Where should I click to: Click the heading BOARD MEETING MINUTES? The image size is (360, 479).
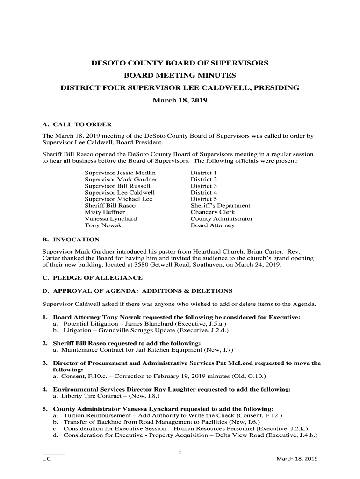coord(180,75)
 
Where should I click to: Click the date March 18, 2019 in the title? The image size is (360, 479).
coord(180,101)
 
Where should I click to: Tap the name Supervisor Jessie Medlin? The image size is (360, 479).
coord(120,173)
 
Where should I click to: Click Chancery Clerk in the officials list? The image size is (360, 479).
coord(212,212)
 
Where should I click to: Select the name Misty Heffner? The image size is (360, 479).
coord(104,212)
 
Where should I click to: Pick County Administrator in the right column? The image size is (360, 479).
coord(221,219)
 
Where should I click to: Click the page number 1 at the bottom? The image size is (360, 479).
coord(180,452)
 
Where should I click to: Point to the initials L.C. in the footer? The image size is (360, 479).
coord(47,459)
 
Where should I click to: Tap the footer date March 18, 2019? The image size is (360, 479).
coord(297,459)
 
